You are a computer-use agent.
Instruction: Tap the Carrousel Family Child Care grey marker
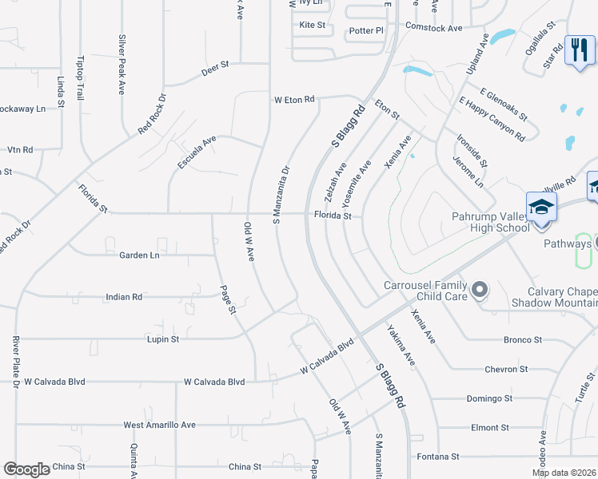pyautogui.click(x=480, y=289)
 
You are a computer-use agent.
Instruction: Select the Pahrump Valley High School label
pyautogui.click(x=489, y=221)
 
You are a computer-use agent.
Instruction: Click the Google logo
pyautogui.click(x=26, y=469)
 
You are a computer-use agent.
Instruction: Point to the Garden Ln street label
pyautogui.click(x=139, y=255)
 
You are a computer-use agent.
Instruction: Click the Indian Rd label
pyautogui.click(x=124, y=297)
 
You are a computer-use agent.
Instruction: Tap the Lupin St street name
pyautogui.click(x=163, y=339)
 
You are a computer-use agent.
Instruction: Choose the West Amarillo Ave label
pyautogui.click(x=159, y=426)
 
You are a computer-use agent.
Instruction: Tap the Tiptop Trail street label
pyautogui.click(x=80, y=77)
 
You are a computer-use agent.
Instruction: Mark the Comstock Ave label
pyautogui.click(x=434, y=28)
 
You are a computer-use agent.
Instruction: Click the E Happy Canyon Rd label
pyautogui.click(x=492, y=120)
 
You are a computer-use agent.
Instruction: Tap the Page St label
pyautogui.click(x=229, y=296)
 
